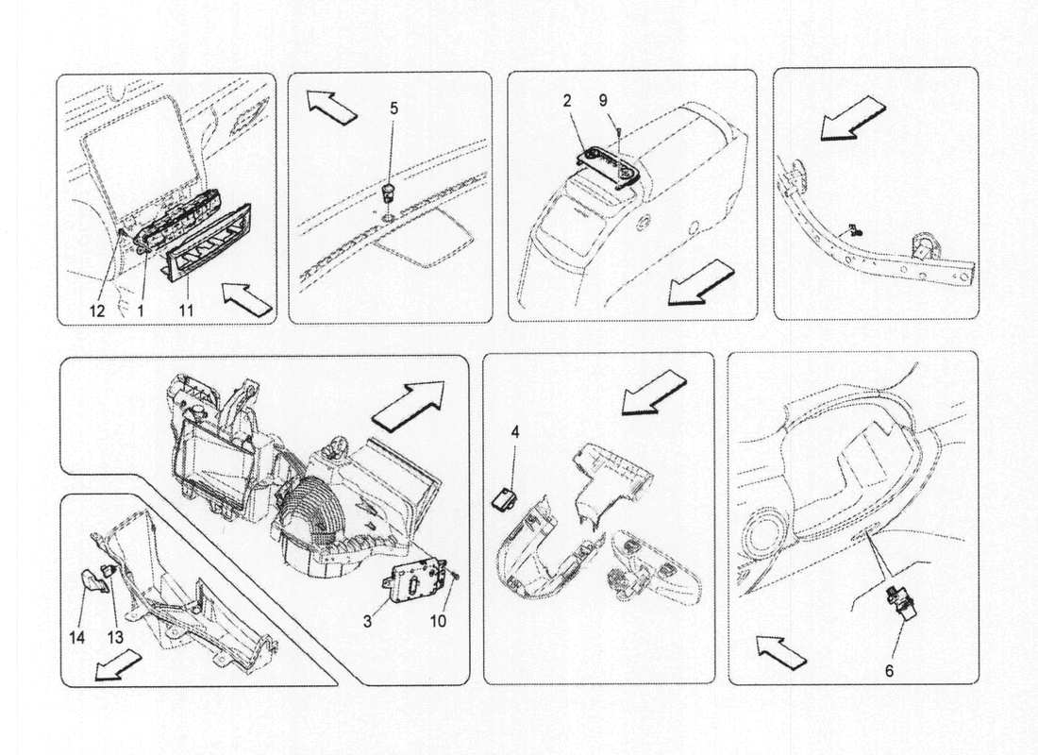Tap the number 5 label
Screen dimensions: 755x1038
pos(393,109)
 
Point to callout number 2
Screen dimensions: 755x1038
pos(567,100)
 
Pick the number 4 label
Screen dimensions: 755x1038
pos(514,432)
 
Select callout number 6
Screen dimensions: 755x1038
pos(888,671)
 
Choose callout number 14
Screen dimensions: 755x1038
pos(77,638)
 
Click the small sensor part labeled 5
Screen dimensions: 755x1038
pos(388,195)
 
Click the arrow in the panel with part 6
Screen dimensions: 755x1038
pos(779,649)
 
